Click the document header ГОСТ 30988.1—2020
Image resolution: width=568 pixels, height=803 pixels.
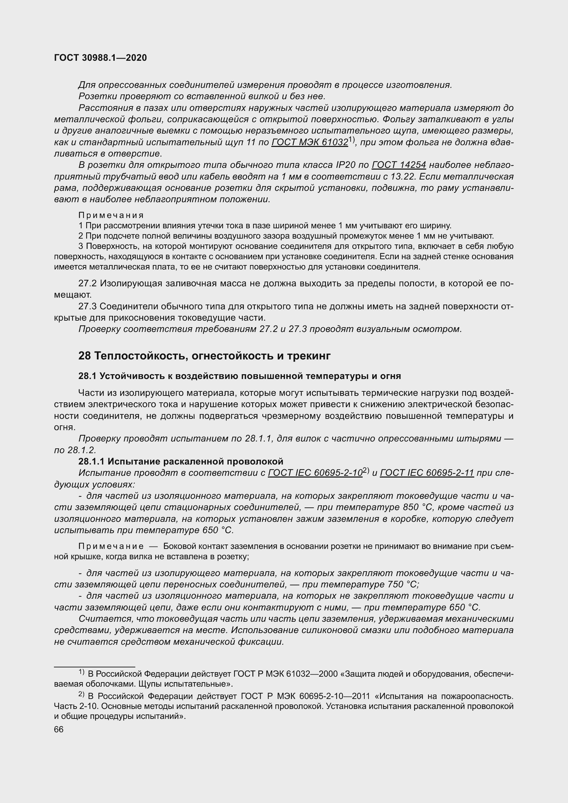(x=100, y=58)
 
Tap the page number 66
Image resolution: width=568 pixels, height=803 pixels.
(x=59, y=730)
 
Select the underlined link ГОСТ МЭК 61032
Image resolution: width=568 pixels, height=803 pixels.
(x=309, y=142)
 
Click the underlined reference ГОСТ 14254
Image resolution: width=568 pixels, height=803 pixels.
(x=399, y=165)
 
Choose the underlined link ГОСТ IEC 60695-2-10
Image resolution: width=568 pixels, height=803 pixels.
(x=315, y=473)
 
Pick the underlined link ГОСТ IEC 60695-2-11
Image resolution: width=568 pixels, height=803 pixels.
(x=427, y=473)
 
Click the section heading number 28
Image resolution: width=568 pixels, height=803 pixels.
(x=84, y=356)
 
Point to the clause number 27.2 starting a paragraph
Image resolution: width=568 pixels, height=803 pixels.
(x=88, y=283)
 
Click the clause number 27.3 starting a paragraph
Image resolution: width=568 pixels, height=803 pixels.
(x=88, y=306)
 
